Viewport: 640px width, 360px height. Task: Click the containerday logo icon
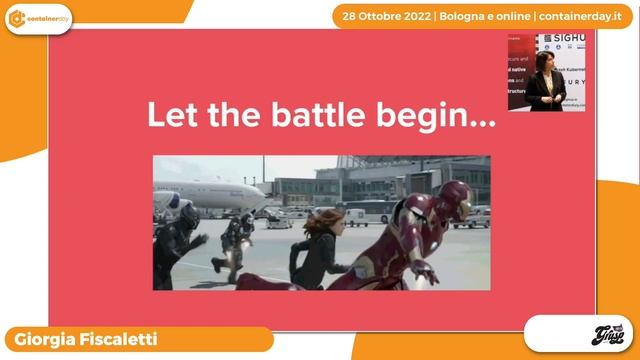[17, 18]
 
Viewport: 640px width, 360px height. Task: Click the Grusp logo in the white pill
[578, 334]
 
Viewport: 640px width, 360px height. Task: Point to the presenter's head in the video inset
[545, 59]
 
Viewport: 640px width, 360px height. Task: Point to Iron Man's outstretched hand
[425, 270]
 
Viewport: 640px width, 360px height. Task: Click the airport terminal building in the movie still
[400, 180]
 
